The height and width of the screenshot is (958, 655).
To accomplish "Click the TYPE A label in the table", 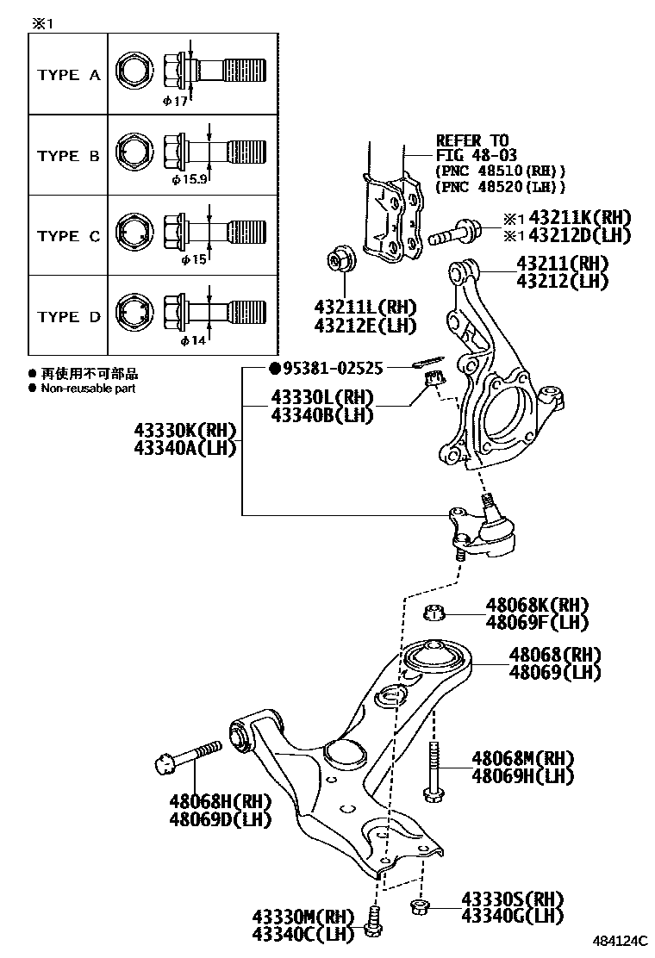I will [x=69, y=75].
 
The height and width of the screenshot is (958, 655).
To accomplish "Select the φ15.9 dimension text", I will [x=190, y=180].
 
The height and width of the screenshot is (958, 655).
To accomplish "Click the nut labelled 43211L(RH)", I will [x=338, y=259].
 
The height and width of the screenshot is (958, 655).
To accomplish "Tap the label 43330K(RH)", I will [x=184, y=430].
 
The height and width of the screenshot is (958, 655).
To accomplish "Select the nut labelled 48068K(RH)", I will [x=435, y=613].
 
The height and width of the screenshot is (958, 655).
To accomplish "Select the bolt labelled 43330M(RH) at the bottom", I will [x=372, y=923].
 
